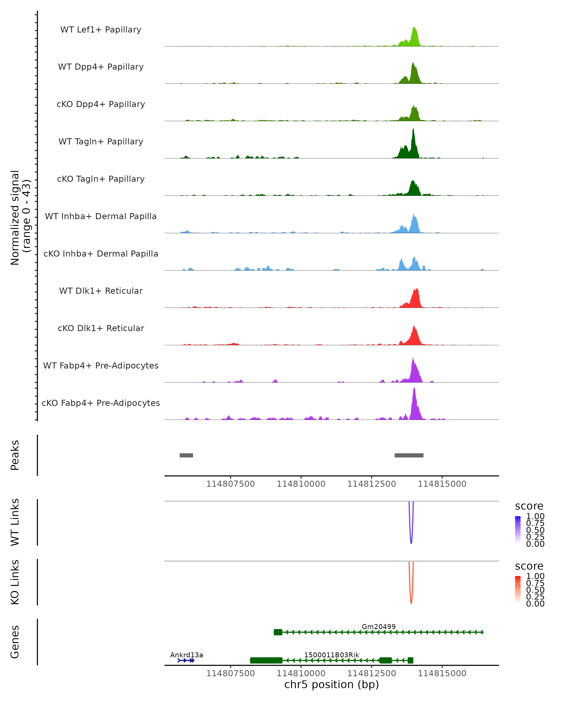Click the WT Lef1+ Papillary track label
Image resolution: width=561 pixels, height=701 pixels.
point(101,30)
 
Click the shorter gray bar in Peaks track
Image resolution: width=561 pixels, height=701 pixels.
point(186,455)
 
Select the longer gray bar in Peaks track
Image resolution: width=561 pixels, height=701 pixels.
point(409,455)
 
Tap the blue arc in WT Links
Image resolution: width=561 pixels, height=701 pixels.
point(411,540)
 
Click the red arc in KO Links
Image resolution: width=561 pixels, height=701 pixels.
point(411,600)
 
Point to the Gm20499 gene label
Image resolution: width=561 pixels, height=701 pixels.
point(378,626)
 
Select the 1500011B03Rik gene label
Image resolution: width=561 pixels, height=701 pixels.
point(331,655)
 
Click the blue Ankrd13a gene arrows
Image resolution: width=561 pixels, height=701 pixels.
point(186,660)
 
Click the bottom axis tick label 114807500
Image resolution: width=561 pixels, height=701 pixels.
point(230,673)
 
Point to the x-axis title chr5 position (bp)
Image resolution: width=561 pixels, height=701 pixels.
point(331,684)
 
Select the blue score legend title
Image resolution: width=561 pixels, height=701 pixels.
point(529,506)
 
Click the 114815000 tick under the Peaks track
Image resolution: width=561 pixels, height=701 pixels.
point(442,484)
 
